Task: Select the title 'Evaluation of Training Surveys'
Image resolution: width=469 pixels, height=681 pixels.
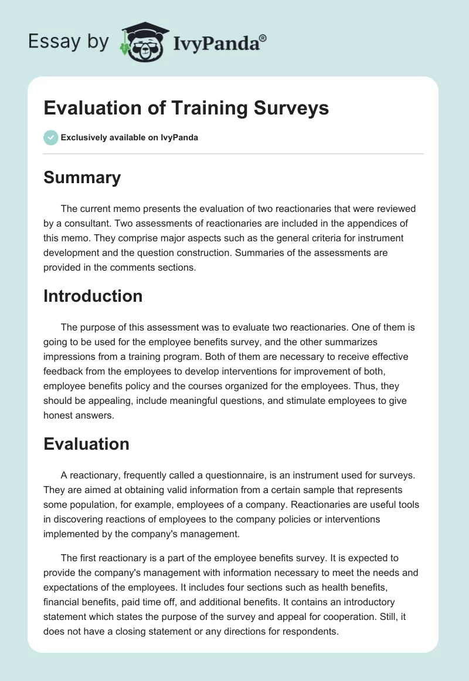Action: click(x=186, y=109)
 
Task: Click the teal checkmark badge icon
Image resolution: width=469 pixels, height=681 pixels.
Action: click(x=50, y=137)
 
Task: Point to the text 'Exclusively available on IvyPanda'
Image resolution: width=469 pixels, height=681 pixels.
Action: click(x=130, y=138)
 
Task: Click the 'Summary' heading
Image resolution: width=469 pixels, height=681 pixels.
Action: click(x=82, y=178)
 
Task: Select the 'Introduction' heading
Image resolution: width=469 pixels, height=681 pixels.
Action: click(x=93, y=296)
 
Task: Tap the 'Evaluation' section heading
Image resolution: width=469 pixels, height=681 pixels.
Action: click(x=86, y=444)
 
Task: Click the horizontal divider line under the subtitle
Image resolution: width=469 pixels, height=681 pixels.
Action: click(x=234, y=154)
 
